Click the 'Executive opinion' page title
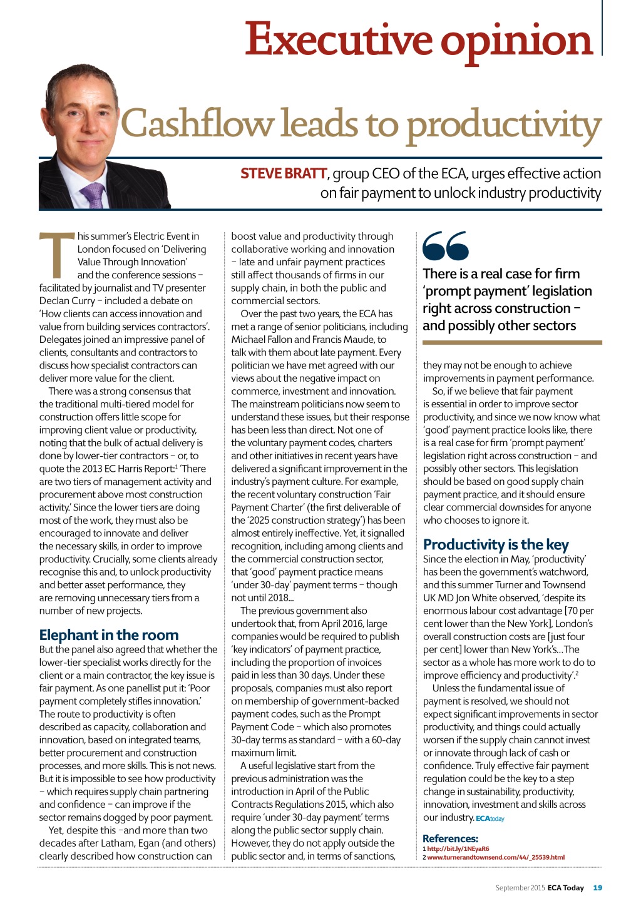coord(418,39)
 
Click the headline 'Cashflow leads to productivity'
coord(361,124)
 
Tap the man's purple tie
coord(94,195)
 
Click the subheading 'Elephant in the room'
coord(109,634)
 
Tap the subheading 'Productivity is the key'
coord(496,544)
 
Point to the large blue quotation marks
coord(445,246)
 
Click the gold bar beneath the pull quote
coord(512,343)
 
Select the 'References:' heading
coord(450,838)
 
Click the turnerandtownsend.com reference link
coord(496,857)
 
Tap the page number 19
coord(597,887)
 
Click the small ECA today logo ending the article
coord(490,818)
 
